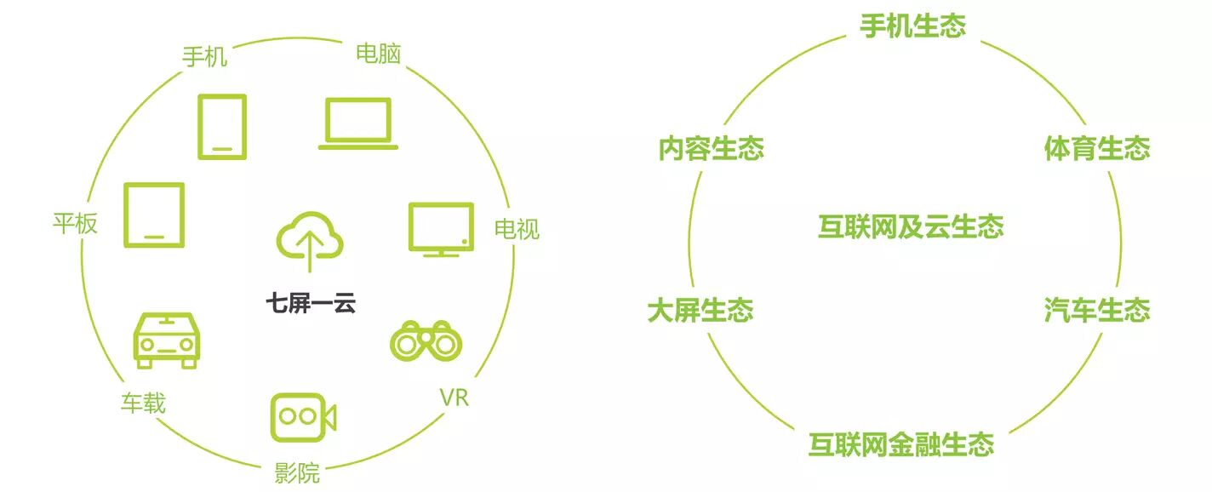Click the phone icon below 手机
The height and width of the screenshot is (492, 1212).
pyautogui.click(x=222, y=127)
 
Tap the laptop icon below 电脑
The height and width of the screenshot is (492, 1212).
pyautogui.click(x=357, y=123)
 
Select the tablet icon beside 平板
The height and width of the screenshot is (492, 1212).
pyautogui.click(x=154, y=215)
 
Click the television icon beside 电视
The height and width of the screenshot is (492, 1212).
pyautogui.click(x=441, y=229)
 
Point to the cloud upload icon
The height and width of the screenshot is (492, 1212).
pyautogui.click(x=310, y=241)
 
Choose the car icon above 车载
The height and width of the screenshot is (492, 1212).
pyautogui.click(x=167, y=340)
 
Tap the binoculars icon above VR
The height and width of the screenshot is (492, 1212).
pyautogui.click(x=426, y=341)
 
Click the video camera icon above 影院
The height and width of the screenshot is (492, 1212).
pyautogui.click(x=303, y=417)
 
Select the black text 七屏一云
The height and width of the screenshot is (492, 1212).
pyautogui.click(x=311, y=303)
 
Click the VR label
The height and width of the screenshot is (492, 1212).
pyautogui.click(x=454, y=398)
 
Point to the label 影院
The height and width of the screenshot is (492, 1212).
pyautogui.click(x=297, y=473)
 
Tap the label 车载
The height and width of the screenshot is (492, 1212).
pyautogui.click(x=143, y=403)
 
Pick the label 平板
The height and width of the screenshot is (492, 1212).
pyautogui.click(x=75, y=223)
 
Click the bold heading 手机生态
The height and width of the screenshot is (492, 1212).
pyautogui.click(x=912, y=26)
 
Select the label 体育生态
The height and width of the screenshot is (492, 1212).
pyautogui.click(x=1097, y=148)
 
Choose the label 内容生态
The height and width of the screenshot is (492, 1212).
pyautogui.click(x=711, y=148)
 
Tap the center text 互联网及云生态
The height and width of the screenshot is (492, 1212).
pyautogui.click(x=912, y=226)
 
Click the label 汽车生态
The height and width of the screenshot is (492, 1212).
pyautogui.click(x=1097, y=310)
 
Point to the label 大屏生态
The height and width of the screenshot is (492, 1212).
pyautogui.click(x=700, y=310)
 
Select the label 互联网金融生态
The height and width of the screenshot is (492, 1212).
pyautogui.click(x=901, y=444)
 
